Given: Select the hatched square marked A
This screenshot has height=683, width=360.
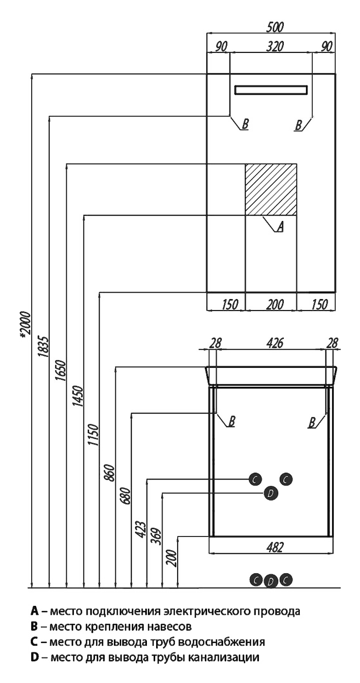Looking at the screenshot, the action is point(270,190).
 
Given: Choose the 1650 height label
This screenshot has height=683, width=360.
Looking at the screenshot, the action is point(61,371).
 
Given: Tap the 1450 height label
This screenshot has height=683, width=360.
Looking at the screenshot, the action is point(79,396).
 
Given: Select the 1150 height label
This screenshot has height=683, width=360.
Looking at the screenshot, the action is point(95,435).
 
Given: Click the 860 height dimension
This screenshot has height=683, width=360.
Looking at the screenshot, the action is point(110,473).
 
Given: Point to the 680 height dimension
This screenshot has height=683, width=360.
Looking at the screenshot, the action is point(126,496).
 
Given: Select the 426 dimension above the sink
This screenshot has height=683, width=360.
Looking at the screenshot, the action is point(275,343).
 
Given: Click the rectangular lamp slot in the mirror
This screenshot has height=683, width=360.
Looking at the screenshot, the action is point(270,90).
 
